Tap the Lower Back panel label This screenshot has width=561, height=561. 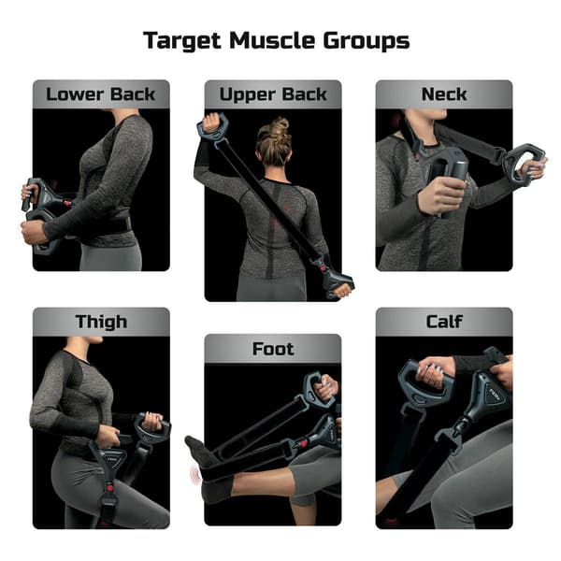coord(101,93)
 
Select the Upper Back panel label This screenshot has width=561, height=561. coord(273,93)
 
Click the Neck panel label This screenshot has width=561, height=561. coord(444,93)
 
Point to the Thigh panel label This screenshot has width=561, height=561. coord(101,323)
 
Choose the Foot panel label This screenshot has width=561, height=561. coord(273,349)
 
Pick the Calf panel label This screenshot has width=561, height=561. coord(444,323)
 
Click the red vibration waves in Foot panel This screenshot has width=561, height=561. coord(194,472)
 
